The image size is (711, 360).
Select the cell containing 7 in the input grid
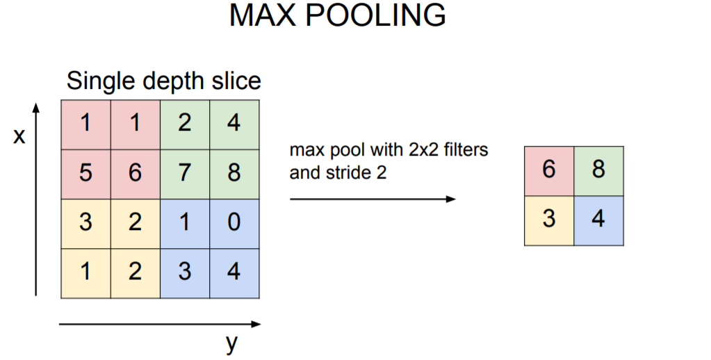185,172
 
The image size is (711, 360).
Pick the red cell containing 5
85,172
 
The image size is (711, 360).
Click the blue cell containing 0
234,222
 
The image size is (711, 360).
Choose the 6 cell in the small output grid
549,170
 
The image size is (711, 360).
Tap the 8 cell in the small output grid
598,170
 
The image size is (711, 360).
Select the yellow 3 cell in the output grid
549,220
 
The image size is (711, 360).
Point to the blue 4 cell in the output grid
598,220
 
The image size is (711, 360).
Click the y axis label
232,343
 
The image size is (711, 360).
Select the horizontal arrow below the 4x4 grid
160,324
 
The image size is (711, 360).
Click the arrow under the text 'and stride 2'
373,199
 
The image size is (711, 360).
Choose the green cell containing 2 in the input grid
185,124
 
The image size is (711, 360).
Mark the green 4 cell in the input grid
234,124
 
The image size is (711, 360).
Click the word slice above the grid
236,81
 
